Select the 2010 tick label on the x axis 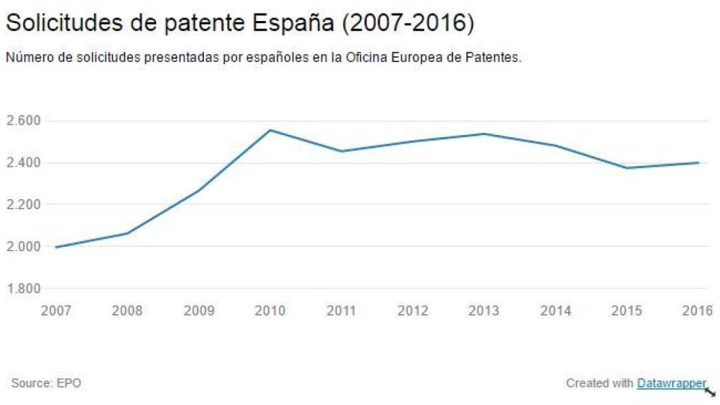click(270, 310)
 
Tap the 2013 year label click(484, 310)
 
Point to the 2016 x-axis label click(697, 310)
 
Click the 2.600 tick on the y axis click(23, 121)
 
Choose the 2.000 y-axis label click(23, 247)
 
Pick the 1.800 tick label click(23, 288)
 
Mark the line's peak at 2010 click(271, 130)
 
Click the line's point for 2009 click(199, 190)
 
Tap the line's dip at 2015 click(626, 168)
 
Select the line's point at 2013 click(484, 134)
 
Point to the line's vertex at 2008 click(127, 233)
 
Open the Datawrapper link click(671, 383)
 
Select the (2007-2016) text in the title click(407, 23)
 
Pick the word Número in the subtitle click(26, 58)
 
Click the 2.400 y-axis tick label click(23, 163)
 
